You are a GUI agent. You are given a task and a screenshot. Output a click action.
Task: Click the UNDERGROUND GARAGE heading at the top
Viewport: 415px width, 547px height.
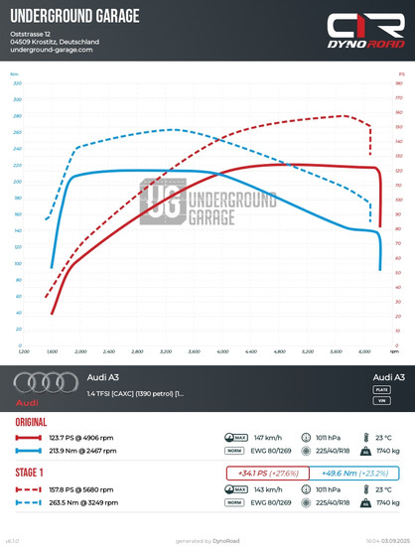[74, 17]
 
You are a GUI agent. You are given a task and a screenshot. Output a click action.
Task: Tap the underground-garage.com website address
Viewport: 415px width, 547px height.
[51, 51]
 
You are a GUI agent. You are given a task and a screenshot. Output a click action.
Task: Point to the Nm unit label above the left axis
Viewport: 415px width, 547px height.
[15, 74]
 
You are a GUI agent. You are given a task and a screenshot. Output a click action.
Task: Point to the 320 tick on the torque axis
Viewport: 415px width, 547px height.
[17, 83]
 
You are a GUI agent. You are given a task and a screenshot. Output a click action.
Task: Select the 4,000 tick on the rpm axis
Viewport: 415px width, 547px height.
[222, 351]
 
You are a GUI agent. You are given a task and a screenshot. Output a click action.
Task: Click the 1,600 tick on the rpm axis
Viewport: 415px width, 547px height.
[52, 351]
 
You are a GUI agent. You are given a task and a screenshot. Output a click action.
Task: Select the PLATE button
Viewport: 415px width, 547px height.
[381, 391]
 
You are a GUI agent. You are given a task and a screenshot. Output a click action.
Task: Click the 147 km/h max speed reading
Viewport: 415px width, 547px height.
[268, 436]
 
